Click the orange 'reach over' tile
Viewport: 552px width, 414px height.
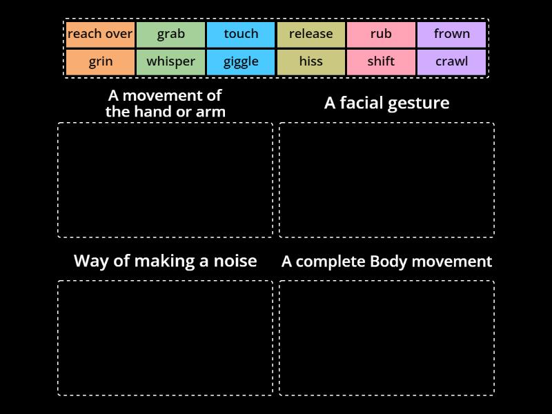click(x=101, y=34)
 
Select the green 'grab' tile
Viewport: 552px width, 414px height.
click(x=170, y=34)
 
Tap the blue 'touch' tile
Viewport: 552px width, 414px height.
click(x=241, y=34)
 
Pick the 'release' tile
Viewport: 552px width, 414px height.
click(x=310, y=34)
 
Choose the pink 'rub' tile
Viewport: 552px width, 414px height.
click(x=381, y=34)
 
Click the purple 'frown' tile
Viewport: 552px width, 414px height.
click(x=451, y=34)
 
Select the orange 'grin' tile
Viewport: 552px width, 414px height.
click(x=101, y=61)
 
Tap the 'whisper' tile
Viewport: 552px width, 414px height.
click(x=170, y=61)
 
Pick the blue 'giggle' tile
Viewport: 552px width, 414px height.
click(x=241, y=61)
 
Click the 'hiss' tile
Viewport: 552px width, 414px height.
click(x=310, y=61)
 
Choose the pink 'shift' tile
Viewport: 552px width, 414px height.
click(x=381, y=61)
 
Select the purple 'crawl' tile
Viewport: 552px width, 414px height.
click(x=451, y=61)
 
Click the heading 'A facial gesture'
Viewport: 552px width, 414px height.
click(x=386, y=103)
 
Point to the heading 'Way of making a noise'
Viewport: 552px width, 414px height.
click(x=165, y=261)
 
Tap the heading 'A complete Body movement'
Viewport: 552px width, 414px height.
click(x=386, y=262)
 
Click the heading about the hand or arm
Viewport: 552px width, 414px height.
click(x=165, y=103)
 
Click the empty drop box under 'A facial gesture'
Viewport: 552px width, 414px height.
click(x=386, y=180)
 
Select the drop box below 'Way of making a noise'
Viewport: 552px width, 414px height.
click(x=165, y=338)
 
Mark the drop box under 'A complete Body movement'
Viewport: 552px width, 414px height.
click(x=386, y=338)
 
